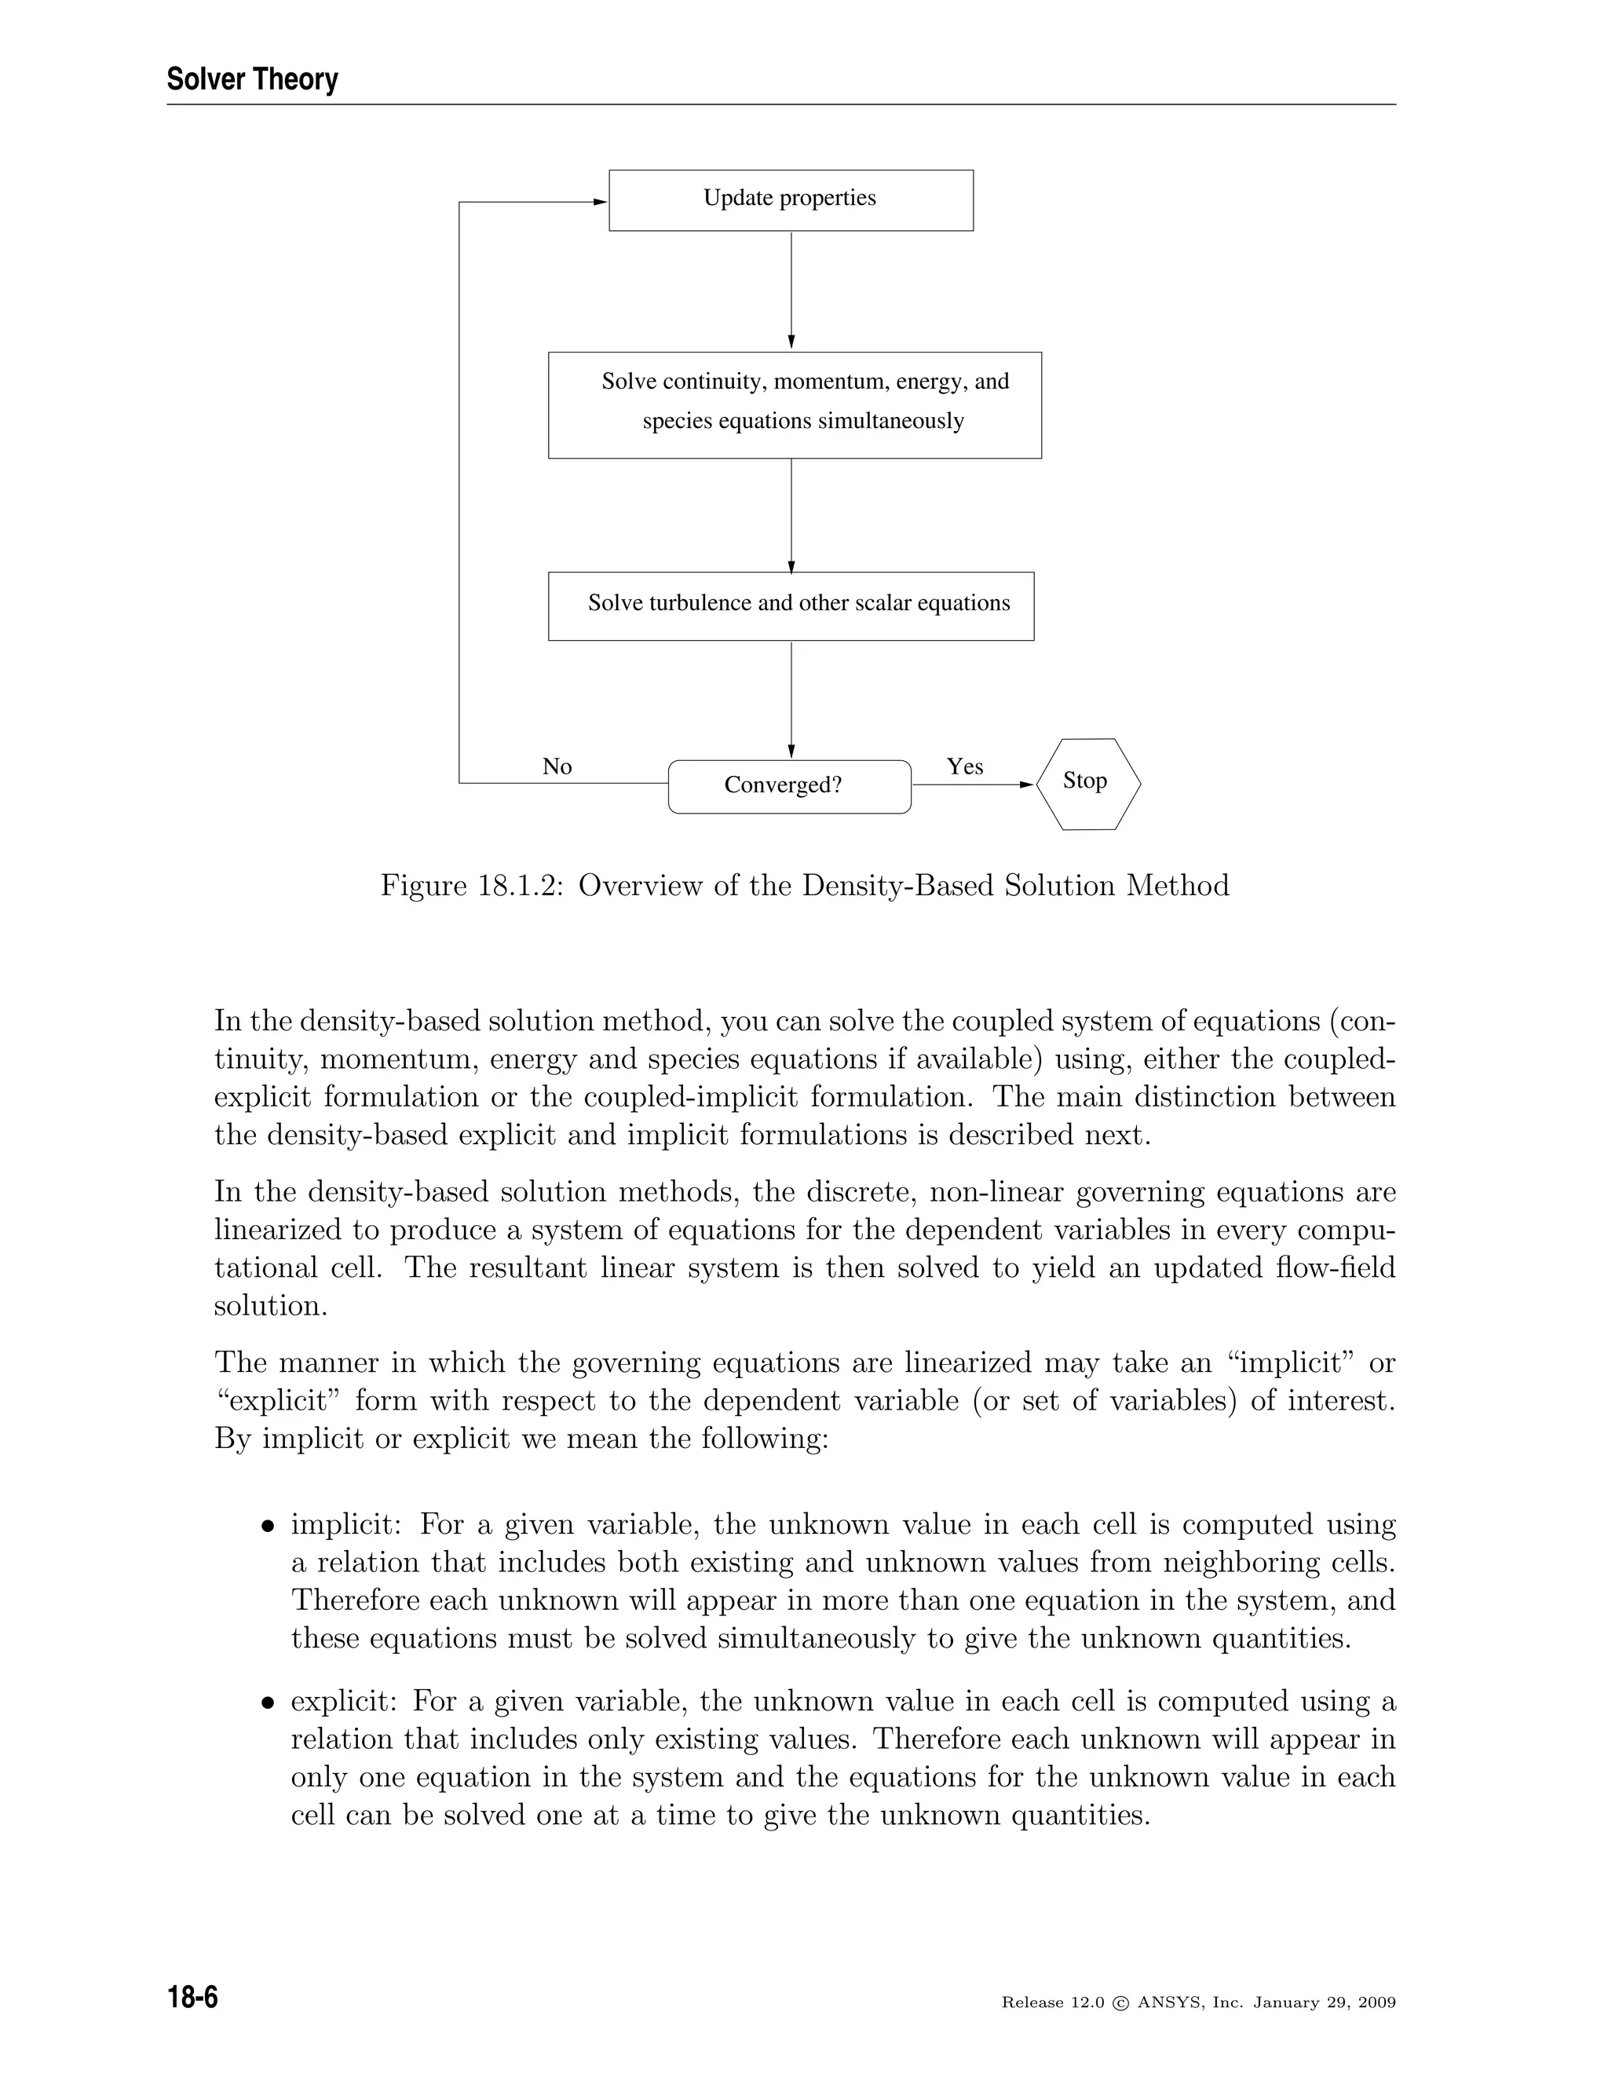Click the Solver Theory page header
253,79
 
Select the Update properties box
791,200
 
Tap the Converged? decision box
790,786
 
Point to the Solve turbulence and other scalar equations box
791,606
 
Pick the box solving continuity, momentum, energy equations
795,405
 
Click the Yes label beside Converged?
965,766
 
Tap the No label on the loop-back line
557,766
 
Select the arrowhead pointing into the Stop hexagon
1027,785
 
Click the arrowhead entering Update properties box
600,202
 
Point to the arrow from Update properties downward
791,291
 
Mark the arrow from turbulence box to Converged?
791,700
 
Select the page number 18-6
193,1996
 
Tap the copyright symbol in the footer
1120,2003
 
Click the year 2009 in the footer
1376,2003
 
